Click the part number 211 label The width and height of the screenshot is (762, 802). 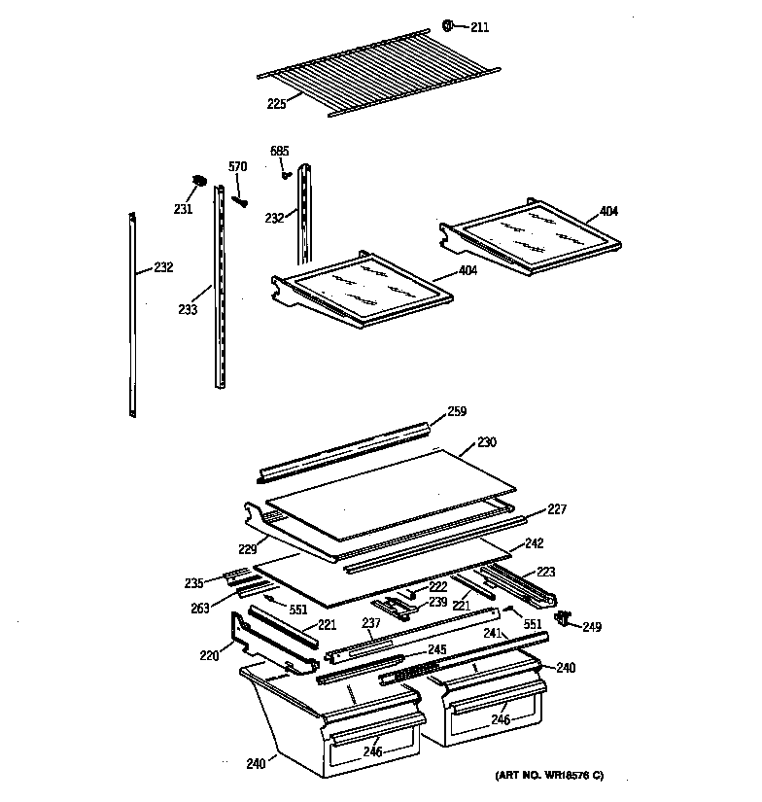479,27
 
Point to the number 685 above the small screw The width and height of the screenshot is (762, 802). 279,151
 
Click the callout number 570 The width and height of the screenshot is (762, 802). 237,167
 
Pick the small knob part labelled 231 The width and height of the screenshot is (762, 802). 199,181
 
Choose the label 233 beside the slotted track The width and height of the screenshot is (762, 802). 188,310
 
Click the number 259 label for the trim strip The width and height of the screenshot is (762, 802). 456,412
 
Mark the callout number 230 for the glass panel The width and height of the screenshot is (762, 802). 486,443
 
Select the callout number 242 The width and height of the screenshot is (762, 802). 534,543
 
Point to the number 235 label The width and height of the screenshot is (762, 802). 194,583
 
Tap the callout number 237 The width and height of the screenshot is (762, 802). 370,623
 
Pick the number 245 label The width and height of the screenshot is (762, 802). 436,649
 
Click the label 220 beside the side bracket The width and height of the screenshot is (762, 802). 208,655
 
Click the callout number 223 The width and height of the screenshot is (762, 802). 545,572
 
